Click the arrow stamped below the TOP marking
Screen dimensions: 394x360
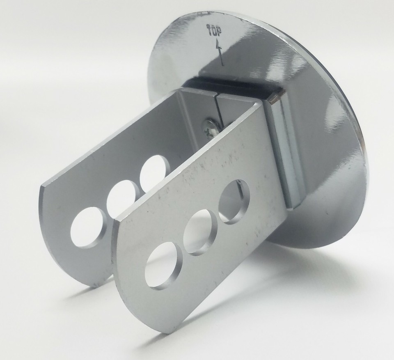[220, 52]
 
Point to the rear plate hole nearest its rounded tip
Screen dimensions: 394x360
[88, 227]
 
